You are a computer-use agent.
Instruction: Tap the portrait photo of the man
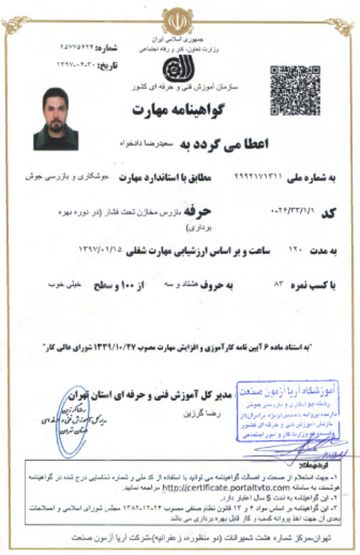(55, 119)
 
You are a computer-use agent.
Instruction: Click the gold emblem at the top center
(176, 20)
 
